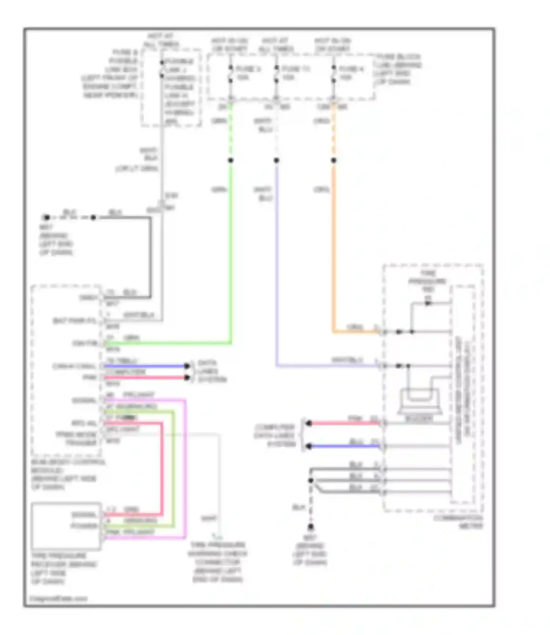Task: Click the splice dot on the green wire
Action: point(231,160)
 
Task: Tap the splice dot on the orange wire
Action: point(334,160)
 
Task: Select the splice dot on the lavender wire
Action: point(276,160)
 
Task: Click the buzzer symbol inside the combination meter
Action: point(420,401)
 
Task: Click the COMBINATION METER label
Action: point(459,522)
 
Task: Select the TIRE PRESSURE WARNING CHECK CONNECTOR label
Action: point(217,562)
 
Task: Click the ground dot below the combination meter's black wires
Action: point(311,527)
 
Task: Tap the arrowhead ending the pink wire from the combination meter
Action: point(309,423)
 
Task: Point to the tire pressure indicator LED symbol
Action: point(428,303)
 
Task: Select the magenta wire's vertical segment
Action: point(186,469)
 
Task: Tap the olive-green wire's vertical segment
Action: point(173,469)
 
